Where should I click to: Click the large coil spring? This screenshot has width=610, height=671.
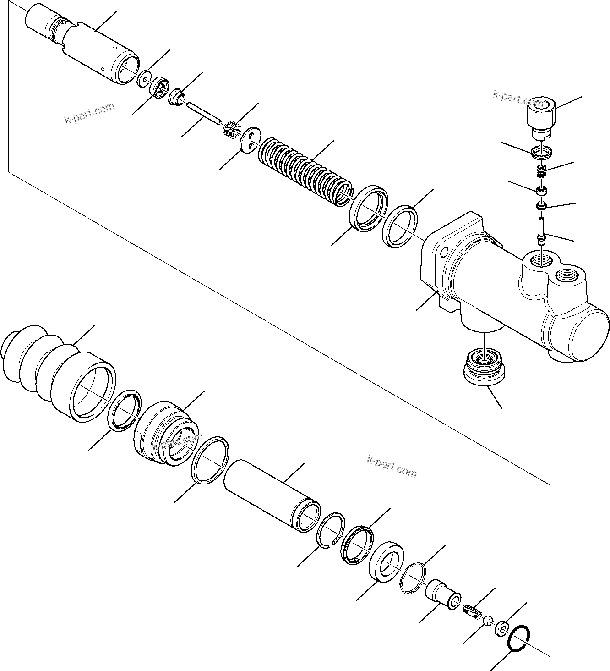[305, 172]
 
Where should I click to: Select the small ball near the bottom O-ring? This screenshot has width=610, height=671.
[488, 621]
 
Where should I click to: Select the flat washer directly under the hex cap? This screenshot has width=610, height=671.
[542, 151]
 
